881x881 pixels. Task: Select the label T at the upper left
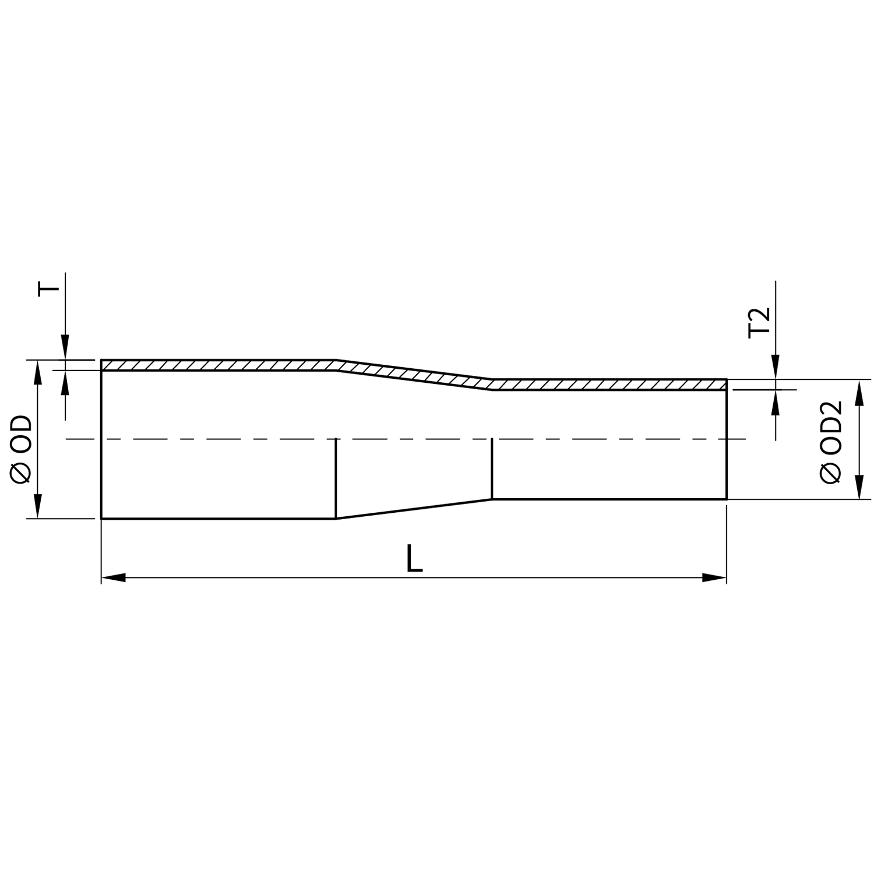tap(48, 290)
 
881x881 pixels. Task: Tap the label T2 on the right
tap(759, 322)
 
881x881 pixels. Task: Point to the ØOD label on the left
tap(21, 449)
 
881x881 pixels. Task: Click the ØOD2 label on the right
tap(831, 441)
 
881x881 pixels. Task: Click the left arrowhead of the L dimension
tap(113, 578)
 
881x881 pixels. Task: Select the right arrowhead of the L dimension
tap(715, 578)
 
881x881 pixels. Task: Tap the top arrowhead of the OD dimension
tap(38, 371)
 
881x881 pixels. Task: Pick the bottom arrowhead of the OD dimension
tap(38, 507)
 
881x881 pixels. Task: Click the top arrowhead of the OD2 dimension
tap(858, 392)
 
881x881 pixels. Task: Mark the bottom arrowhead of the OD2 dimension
tap(858, 488)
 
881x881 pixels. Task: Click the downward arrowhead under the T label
tap(65, 348)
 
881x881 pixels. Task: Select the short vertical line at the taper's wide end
tap(336, 478)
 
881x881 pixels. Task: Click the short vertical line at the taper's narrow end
tap(492, 468)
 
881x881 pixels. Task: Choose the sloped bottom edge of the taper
tap(414, 509)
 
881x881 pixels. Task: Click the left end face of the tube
tap(101, 443)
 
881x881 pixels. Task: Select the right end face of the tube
tap(727, 443)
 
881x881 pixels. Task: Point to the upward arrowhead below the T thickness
tap(65, 382)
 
